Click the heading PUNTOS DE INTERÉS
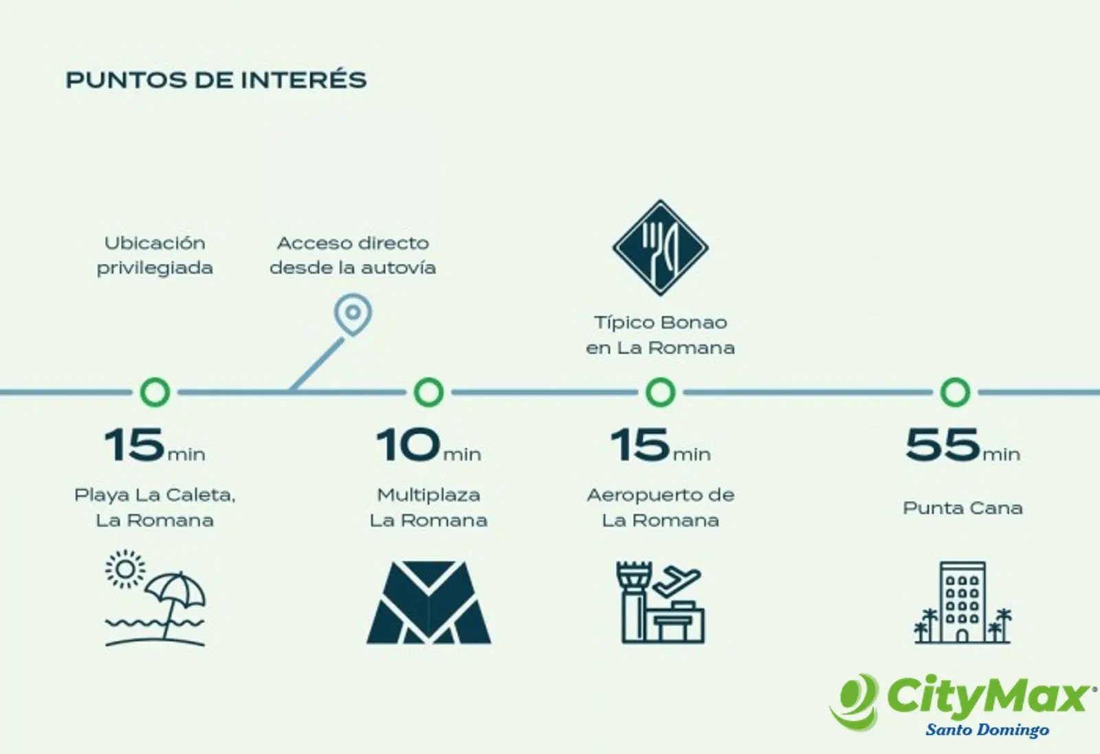click(x=216, y=80)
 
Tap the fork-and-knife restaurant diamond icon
click(x=661, y=248)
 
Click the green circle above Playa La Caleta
click(x=155, y=392)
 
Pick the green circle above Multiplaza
click(x=429, y=392)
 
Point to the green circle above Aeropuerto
click(x=661, y=392)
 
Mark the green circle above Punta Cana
click(x=955, y=392)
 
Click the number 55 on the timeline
click(x=943, y=444)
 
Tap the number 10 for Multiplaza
click(x=408, y=444)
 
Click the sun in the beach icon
click(x=125, y=569)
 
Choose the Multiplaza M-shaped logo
click(x=429, y=602)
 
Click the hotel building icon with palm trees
click(x=962, y=602)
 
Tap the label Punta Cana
click(x=962, y=508)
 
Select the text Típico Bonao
click(x=661, y=322)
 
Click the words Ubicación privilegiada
click(x=155, y=255)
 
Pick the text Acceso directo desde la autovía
click(x=353, y=255)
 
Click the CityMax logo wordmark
click(x=989, y=696)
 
